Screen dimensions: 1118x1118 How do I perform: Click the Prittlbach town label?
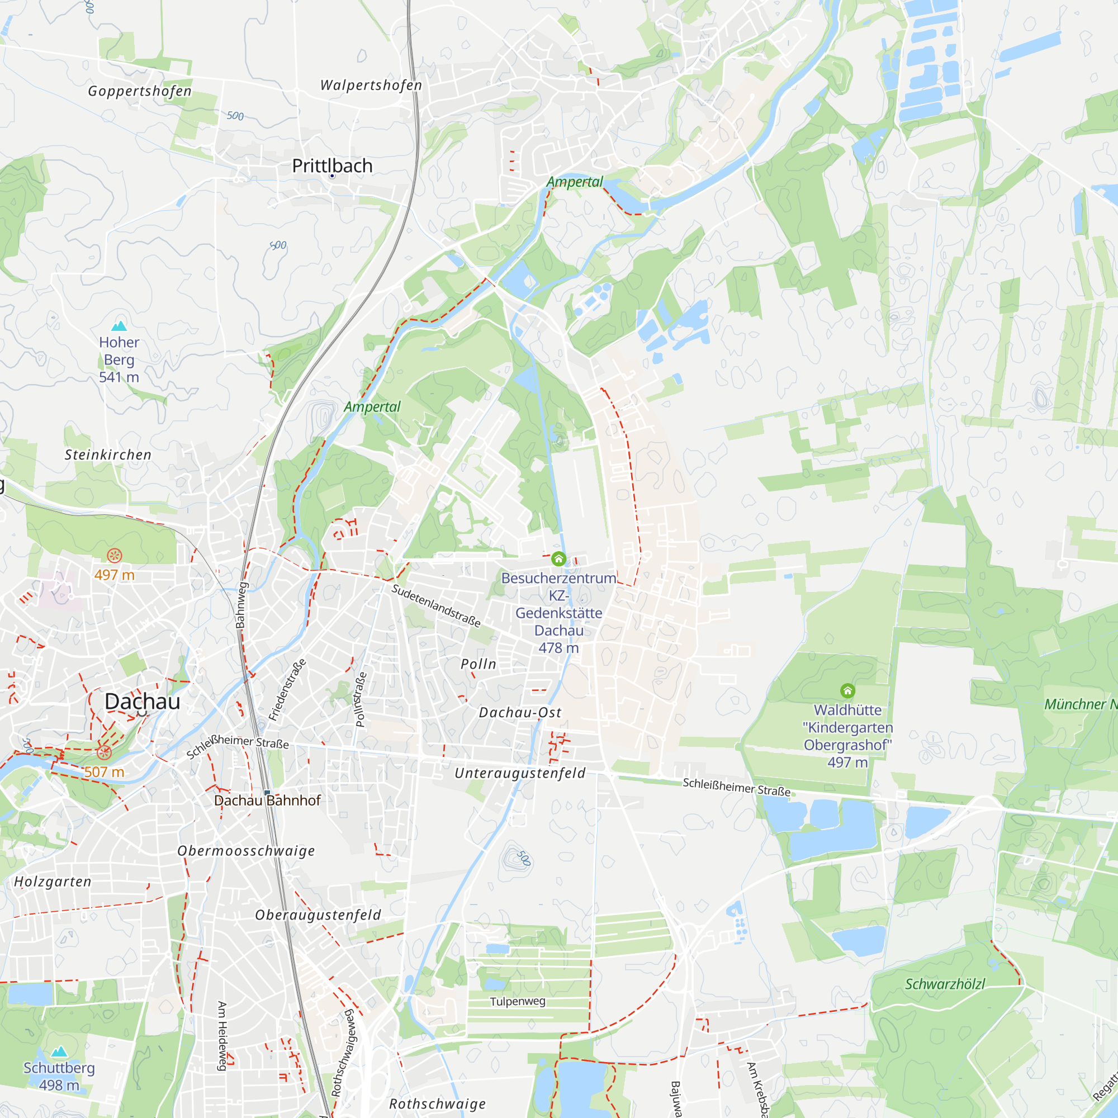[332, 166]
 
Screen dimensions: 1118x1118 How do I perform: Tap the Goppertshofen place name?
[139, 91]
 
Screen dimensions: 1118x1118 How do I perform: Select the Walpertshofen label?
[371, 85]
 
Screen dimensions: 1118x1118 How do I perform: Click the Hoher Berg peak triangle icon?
[119, 325]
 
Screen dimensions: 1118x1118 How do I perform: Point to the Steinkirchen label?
[108, 455]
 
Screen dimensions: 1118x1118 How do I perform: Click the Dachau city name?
[143, 702]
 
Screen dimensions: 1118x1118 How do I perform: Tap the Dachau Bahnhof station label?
[267, 800]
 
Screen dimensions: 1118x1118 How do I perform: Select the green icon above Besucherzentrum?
[558, 559]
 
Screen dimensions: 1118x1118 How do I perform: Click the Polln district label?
[479, 664]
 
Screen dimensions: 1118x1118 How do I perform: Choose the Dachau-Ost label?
[520, 712]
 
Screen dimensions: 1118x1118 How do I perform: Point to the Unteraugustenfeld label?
[520, 773]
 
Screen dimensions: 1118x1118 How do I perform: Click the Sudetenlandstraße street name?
[437, 605]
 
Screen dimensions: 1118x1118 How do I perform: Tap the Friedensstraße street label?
[287, 689]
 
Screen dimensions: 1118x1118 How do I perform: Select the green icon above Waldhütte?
[847, 691]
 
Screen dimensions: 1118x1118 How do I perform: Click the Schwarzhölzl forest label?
[945, 984]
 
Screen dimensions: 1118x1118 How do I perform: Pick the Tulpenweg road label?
[517, 1001]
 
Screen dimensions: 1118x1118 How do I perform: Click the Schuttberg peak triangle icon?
[59, 1051]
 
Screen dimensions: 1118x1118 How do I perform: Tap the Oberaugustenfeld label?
[318, 915]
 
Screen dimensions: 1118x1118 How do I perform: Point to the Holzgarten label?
[53, 882]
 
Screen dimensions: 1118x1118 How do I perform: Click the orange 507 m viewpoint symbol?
[104, 753]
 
